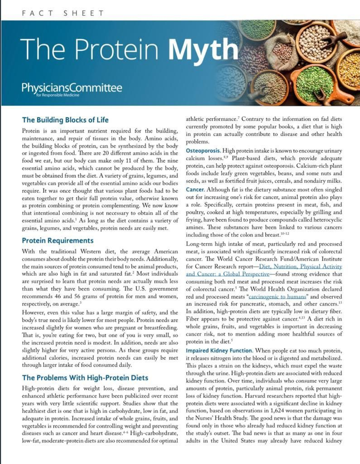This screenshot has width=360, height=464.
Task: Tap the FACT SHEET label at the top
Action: click(63, 13)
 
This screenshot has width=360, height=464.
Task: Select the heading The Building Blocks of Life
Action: click(65, 120)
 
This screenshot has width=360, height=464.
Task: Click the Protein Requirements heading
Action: click(58, 241)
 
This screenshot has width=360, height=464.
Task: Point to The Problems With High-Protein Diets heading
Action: click(85, 377)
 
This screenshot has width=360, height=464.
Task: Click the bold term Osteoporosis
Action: click(202, 150)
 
